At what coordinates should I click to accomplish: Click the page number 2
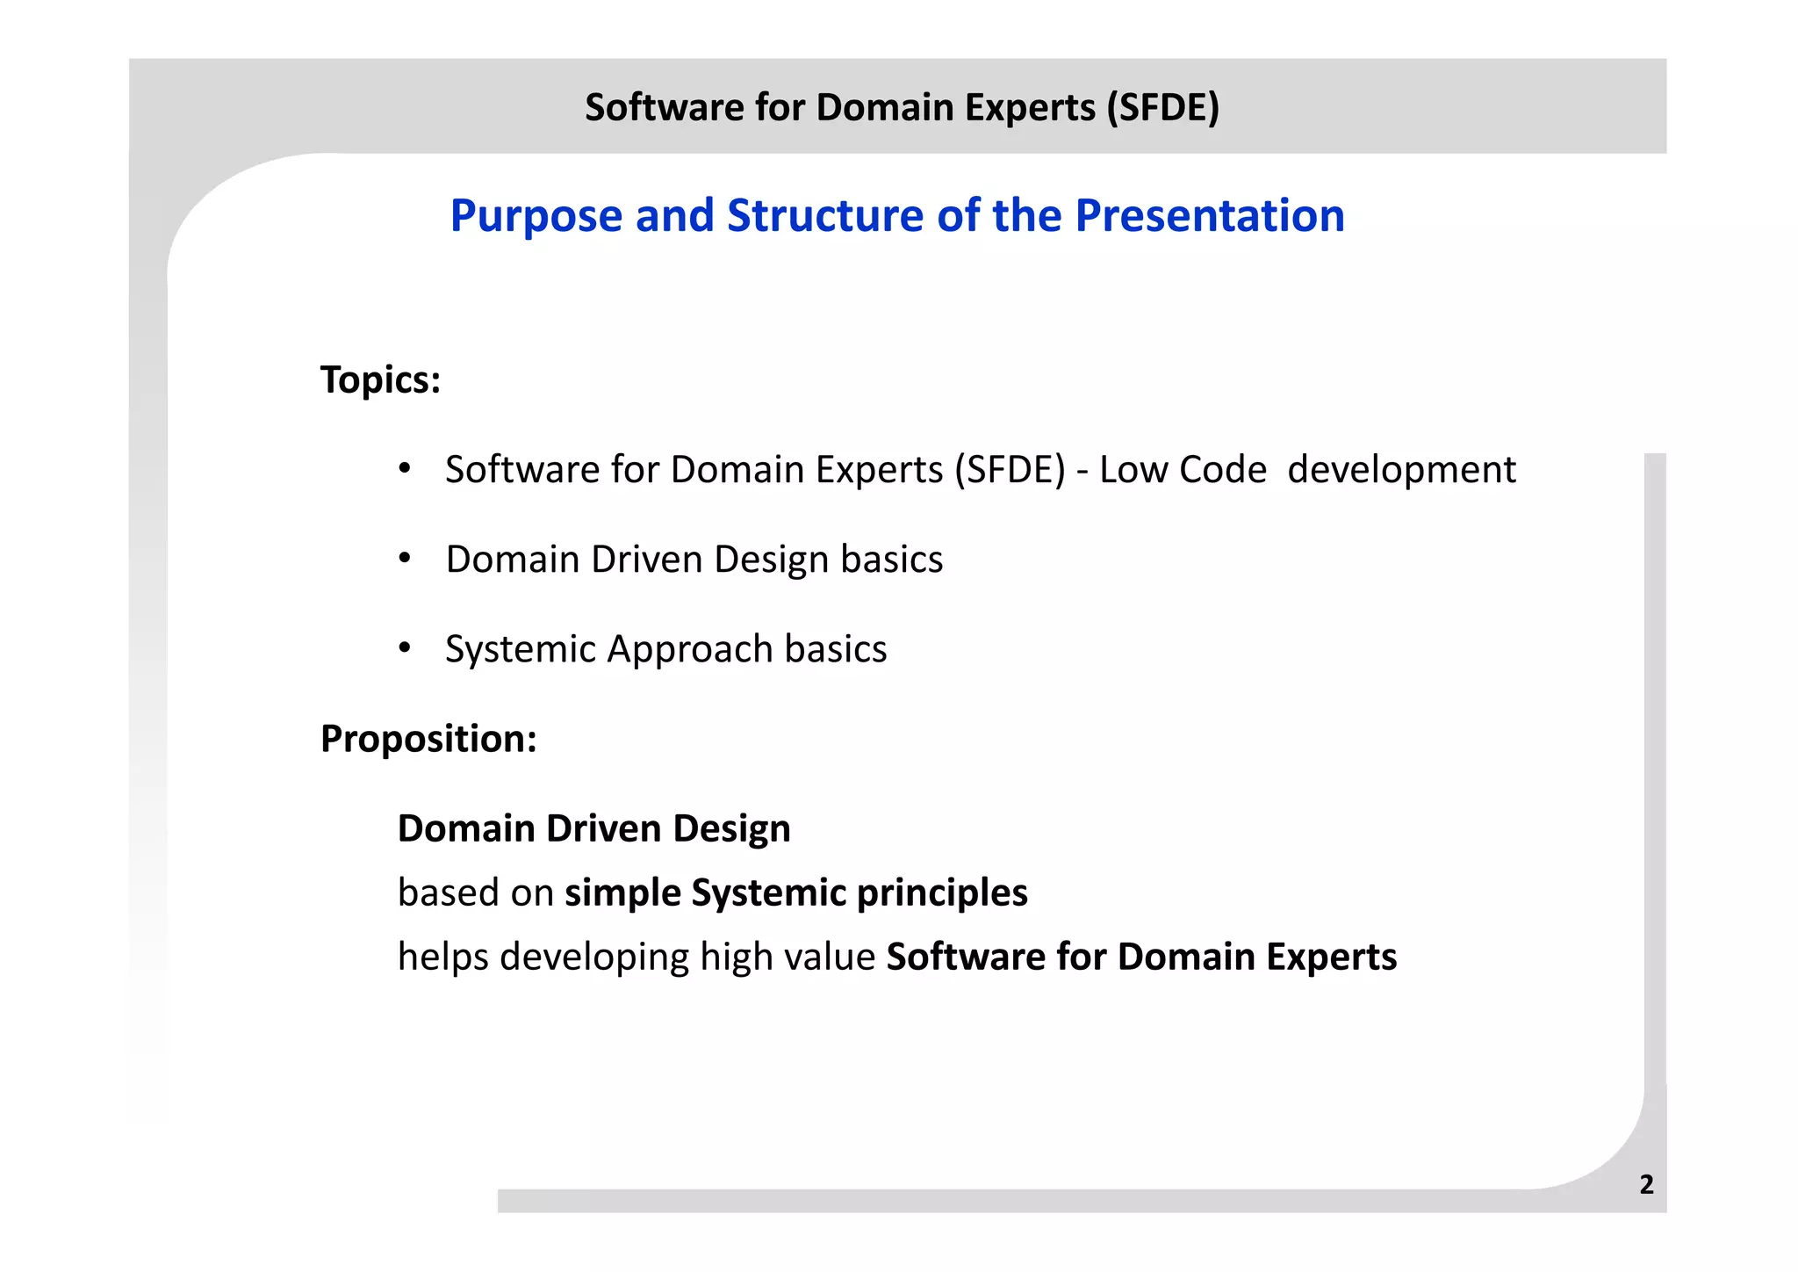tap(1646, 1184)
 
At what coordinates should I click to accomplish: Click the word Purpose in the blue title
tap(536, 216)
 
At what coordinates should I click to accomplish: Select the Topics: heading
tap(380, 380)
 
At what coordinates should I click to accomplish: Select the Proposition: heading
tap(428, 739)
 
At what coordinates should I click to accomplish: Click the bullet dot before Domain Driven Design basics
tap(404, 559)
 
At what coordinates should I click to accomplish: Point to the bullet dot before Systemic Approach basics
tap(404, 648)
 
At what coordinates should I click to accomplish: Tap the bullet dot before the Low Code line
tap(404, 469)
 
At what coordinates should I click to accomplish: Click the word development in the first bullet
tap(1401, 470)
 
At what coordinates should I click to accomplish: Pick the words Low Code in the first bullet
tap(1183, 470)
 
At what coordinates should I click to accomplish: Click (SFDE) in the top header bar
tap(1162, 107)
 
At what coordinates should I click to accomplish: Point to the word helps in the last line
tap(442, 958)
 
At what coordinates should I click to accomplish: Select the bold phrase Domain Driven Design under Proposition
tap(593, 828)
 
